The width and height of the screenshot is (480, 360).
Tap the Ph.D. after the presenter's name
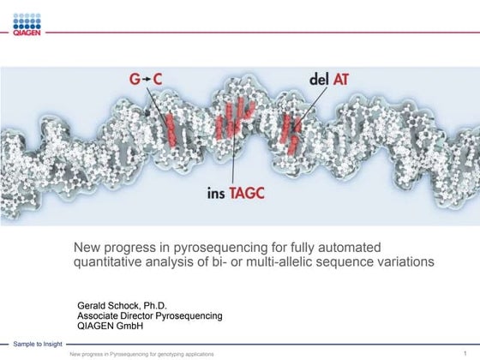click(x=154, y=305)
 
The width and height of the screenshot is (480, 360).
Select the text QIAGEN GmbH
click(x=111, y=326)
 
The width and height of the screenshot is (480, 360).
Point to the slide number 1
click(x=464, y=352)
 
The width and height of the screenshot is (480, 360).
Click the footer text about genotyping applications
click(x=142, y=353)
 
